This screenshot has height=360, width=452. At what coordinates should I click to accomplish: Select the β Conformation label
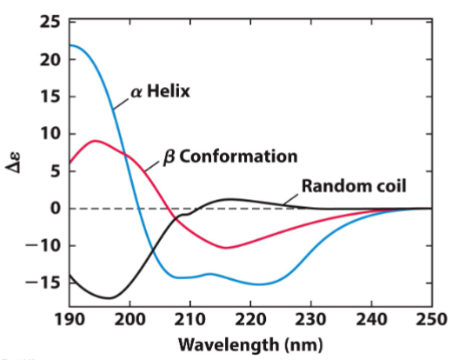coord(230,157)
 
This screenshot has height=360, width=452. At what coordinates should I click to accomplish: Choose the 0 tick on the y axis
coord(56,209)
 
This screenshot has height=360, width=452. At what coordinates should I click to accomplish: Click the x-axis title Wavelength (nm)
coord(250,343)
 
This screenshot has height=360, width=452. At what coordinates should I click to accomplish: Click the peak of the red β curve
coord(95,140)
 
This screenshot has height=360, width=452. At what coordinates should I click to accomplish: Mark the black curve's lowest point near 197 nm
coord(109,297)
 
